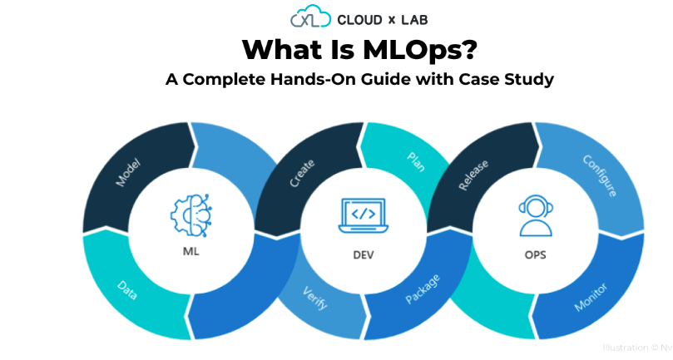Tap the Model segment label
[x=127, y=171]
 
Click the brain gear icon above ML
[x=191, y=214]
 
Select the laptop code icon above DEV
[x=362, y=215]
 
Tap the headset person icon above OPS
[x=534, y=215]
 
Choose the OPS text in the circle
[x=535, y=254]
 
